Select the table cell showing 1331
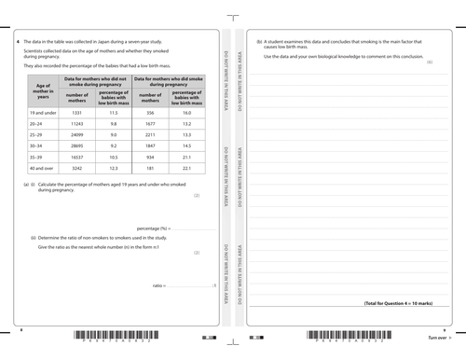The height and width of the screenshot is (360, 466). tap(77, 112)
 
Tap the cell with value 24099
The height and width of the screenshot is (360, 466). tap(77, 134)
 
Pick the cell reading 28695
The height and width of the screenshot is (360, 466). tap(77, 145)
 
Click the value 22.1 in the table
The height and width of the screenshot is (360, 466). tap(186, 169)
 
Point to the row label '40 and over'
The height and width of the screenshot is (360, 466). tap(42, 169)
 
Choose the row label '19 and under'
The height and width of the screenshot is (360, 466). tap(42, 112)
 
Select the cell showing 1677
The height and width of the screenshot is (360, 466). tap(149, 123)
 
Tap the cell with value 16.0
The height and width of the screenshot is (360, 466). tap(186, 112)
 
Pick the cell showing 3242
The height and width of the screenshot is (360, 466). tap(77, 169)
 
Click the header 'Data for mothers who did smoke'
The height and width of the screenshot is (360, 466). tap(169, 81)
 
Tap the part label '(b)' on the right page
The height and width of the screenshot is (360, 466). tap(258, 43)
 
